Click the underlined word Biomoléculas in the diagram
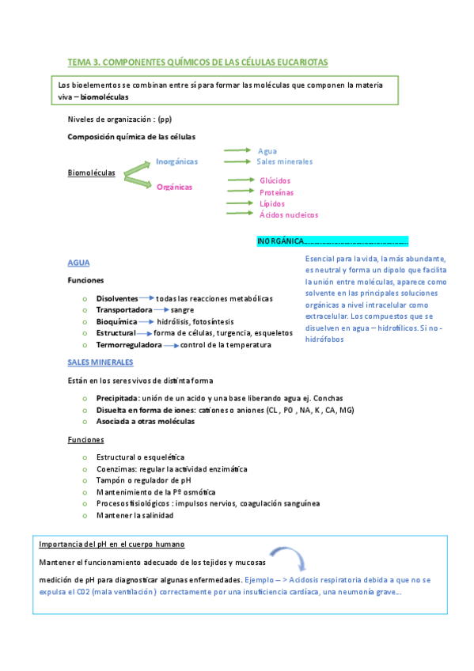92,172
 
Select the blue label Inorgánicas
176,161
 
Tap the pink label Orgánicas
174,187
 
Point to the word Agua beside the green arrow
267,150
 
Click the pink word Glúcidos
275,180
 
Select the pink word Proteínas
276,192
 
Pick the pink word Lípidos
272,203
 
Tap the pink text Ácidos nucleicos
289,214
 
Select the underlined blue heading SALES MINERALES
100,362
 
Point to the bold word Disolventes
117,298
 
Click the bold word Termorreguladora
129,345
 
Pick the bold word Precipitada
117,398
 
